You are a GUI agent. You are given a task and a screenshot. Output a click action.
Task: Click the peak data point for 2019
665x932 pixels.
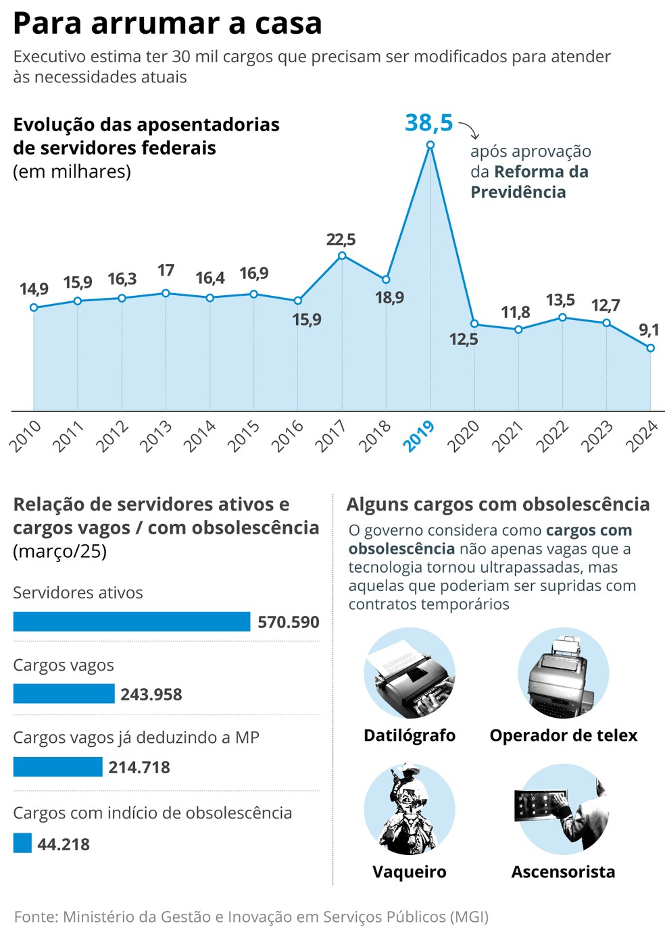coord(430,145)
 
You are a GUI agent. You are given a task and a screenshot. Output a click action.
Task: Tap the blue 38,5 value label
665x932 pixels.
coord(428,123)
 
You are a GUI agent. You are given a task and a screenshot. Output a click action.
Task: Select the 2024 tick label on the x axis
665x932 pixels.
coord(642,436)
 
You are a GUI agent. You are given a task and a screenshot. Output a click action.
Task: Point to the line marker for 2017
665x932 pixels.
coord(342,255)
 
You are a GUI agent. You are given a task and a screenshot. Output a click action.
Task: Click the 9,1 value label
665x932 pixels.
coord(649,330)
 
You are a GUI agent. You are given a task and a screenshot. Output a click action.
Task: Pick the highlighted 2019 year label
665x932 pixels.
coord(419,436)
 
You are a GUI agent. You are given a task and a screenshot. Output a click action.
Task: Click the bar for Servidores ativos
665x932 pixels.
coord(132,621)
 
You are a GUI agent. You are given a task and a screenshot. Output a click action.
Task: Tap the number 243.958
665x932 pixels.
coord(151,694)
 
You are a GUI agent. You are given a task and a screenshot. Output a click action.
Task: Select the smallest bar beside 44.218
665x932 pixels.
coord(22,843)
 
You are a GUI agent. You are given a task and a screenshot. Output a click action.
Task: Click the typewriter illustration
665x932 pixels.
coord(410,674)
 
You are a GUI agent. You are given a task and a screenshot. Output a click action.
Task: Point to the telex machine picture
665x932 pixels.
coord(563,674)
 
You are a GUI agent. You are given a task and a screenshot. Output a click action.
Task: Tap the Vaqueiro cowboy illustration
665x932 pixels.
coord(409,809)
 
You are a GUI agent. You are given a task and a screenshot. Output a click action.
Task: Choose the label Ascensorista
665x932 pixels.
coord(563,872)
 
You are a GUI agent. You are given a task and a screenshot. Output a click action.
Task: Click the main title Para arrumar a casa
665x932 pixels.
coord(168,24)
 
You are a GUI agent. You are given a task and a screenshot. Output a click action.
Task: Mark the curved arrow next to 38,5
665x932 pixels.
coord(469,130)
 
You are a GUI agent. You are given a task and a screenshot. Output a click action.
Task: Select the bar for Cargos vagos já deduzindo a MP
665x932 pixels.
coord(57,767)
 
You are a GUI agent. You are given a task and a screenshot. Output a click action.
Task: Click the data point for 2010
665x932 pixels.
coord(34,307)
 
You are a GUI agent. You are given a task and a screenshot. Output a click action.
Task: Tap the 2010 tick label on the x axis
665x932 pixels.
coord(26,436)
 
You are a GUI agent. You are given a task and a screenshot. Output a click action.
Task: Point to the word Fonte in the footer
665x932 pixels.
coord(35,916)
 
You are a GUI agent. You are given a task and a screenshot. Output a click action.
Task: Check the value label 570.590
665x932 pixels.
coord(289,622)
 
